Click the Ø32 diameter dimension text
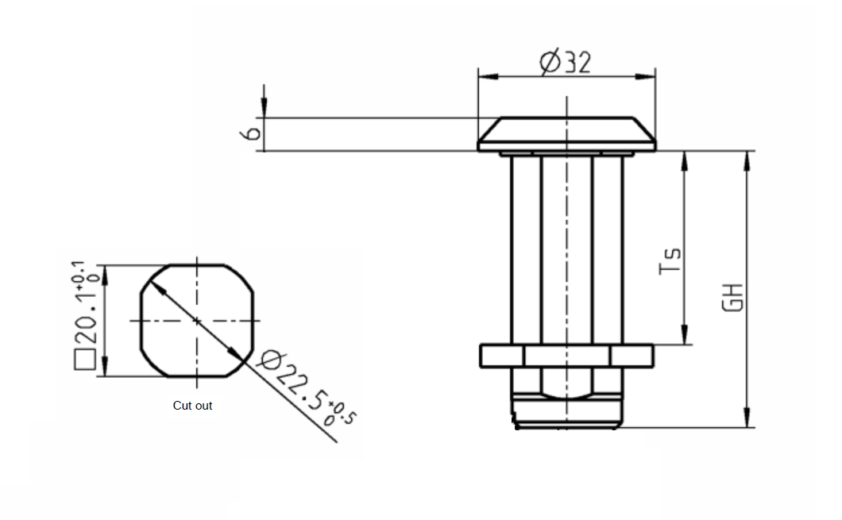coord(566,62)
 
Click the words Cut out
coord(192,406)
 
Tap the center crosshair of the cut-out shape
coord(197,320)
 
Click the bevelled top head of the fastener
coord(566,129)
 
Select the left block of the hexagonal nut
coord(501,356)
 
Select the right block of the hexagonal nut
coord(631,356)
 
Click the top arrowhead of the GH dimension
coord(747,159)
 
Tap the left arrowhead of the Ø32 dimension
coord(485,77)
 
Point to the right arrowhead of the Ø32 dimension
coord(649,77)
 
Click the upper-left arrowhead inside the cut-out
coord(158,285)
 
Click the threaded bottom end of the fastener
coord(566,413)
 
